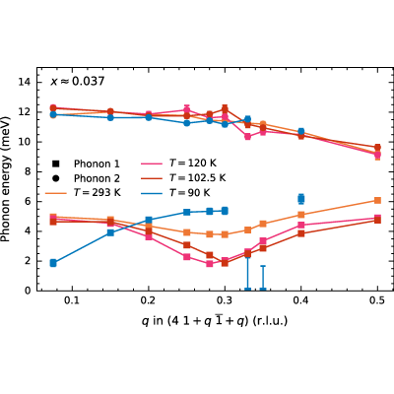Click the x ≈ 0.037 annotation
[x=78, y=81]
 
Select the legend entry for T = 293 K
[x=83, y=192]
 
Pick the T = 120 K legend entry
[x=178, y=164]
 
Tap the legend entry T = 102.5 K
[x=183, y=177]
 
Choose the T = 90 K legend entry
[x=175, y=192]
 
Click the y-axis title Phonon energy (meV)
[x=6, y=179]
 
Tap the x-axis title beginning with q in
[x=215, y=320]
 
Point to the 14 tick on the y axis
[x=26, y=82]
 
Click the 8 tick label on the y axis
[x=29, y=171]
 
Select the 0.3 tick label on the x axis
[x=225, y=300]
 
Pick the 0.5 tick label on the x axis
[x=377, y=300]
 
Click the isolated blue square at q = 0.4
[x=301, y=199]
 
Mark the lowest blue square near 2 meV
[x=53, y=263]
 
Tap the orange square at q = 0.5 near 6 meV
[x=377, y=200]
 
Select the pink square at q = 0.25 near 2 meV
[x=187, y=257]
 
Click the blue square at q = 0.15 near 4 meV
[x=110, y=232]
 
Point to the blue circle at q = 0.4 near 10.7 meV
[x=301, y=132]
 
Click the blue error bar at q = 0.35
[x=263, y=278]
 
